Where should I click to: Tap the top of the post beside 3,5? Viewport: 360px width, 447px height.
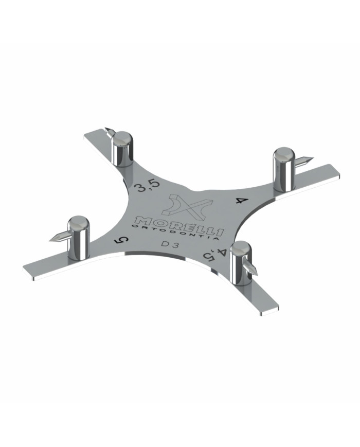pyautogui.click(x=123, y=138)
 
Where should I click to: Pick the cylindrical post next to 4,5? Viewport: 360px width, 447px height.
pyautogui.click(x=240, y=263)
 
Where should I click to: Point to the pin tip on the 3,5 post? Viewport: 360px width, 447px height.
pyautogui.click(x=107, y=130)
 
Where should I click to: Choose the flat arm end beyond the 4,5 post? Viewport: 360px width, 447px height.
pyautogui.click(x=270, y=308)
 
